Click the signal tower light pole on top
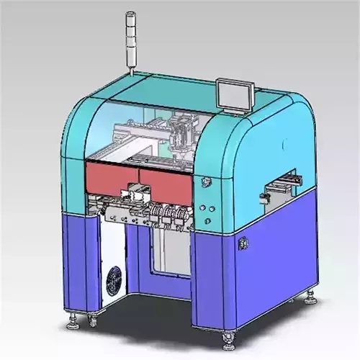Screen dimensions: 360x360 pyautogui.click(x=131, y=40)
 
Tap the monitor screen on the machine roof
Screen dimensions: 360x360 pyautogui.click(x=235, y=96)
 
